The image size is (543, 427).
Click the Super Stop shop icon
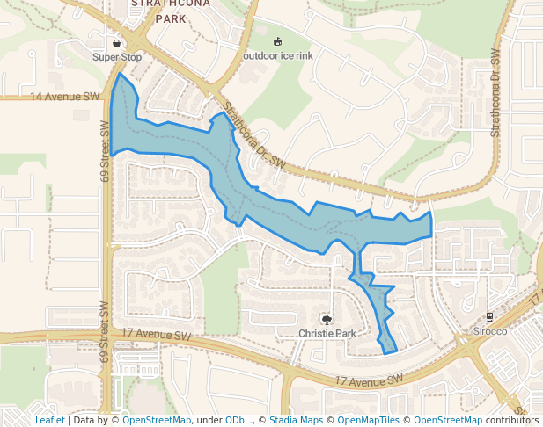click(116, 42)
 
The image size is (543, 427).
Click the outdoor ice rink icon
click(278, 42)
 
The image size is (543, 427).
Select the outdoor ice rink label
click(278, 56)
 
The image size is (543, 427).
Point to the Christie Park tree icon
click(327, 319)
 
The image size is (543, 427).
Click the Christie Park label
click(327, 334)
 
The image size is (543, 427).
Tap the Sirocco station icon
click(490, 316)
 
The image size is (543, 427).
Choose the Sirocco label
click(490, 331)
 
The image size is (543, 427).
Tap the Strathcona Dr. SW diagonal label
click(254, 137)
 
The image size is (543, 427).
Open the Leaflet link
click(49, 420)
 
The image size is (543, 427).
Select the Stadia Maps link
click(296, 420)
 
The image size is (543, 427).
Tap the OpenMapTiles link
click(369, 420)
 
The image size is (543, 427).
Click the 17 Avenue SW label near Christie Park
click(157, 335)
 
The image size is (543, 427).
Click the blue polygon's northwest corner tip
click(119, 74)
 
